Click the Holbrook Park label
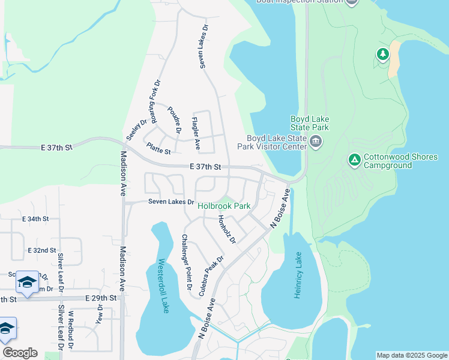pos(224,206)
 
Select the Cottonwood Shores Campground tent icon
pos(354,160)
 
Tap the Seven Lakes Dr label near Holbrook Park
pos(171,202)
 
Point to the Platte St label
pos(158,148)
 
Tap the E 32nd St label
pos(41,250)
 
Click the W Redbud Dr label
pos(70,329)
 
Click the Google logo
pos(20,353)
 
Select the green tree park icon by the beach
pos(382,55)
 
